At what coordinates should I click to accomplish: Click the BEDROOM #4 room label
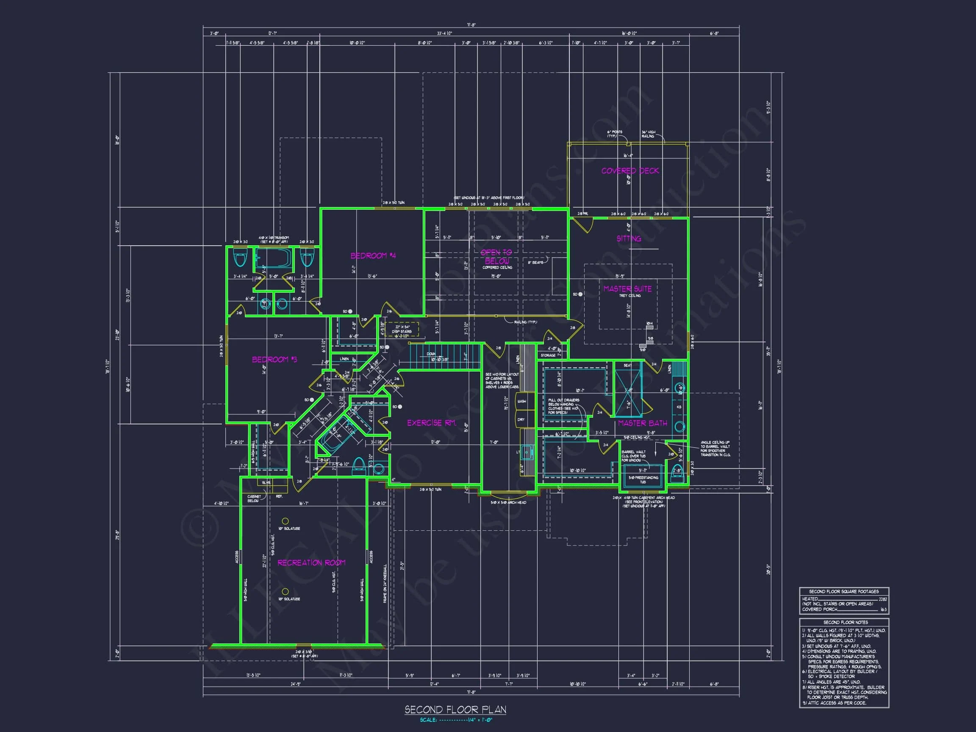coord(373,255)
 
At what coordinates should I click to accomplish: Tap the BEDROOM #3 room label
coord(274,360)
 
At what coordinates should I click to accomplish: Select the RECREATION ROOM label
coord(311,563)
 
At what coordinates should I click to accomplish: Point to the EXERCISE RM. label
coord(431,423)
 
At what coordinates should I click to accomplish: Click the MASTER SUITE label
coord(627,288)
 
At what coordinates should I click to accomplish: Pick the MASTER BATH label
coord(642,423)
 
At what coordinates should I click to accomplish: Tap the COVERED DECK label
coord(629,171)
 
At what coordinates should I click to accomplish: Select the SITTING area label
coord(629,238)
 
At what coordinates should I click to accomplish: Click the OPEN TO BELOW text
coord(496,256)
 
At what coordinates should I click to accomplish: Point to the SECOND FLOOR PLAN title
coord(455,710)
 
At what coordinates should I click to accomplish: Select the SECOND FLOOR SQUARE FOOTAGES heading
coord(844,591)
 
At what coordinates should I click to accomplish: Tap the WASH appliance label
coord(521,402)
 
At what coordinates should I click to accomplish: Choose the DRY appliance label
coord(521,420)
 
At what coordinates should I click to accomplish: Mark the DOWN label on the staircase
coord(431,354)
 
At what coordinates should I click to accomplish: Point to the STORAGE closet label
coord(548,355)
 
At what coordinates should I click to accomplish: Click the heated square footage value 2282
coord(882,599)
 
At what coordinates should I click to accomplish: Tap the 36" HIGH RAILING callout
coord(648,134)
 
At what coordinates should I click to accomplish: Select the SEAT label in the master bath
coord(627,365)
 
